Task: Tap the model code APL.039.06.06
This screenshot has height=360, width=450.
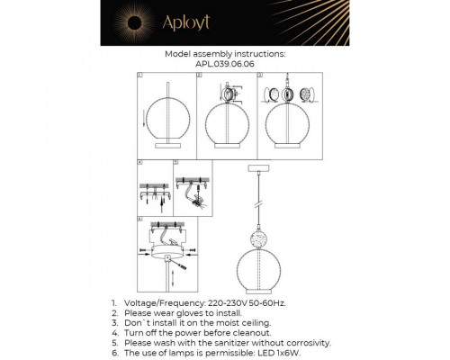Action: pos(225,64)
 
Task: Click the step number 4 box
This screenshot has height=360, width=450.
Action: pos(141,164)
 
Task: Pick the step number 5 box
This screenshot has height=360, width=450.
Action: pos(176,164)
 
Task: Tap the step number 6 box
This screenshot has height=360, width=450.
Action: pos(141,218)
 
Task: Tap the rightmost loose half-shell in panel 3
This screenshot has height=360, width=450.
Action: pos(306,95)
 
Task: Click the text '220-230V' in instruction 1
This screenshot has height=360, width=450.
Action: pos(229,304)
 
